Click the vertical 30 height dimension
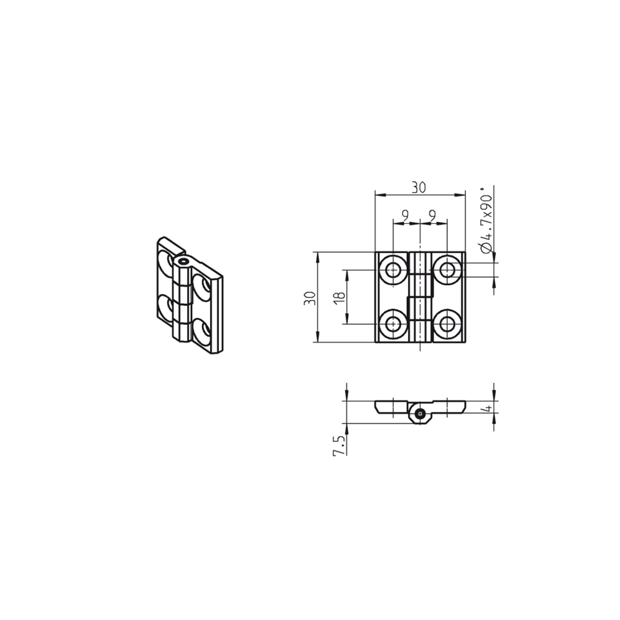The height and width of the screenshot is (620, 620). tap(308, 298)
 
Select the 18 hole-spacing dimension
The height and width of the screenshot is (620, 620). tap(338, 297)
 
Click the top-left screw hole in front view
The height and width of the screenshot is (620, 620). tap(393, 269)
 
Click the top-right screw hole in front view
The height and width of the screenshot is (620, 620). tap(447, 269)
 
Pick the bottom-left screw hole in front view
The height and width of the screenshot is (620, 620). tap(393, 324)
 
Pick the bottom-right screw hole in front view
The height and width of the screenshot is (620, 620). tap(447, 324)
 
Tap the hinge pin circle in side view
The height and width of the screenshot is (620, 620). tap(421, 413)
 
